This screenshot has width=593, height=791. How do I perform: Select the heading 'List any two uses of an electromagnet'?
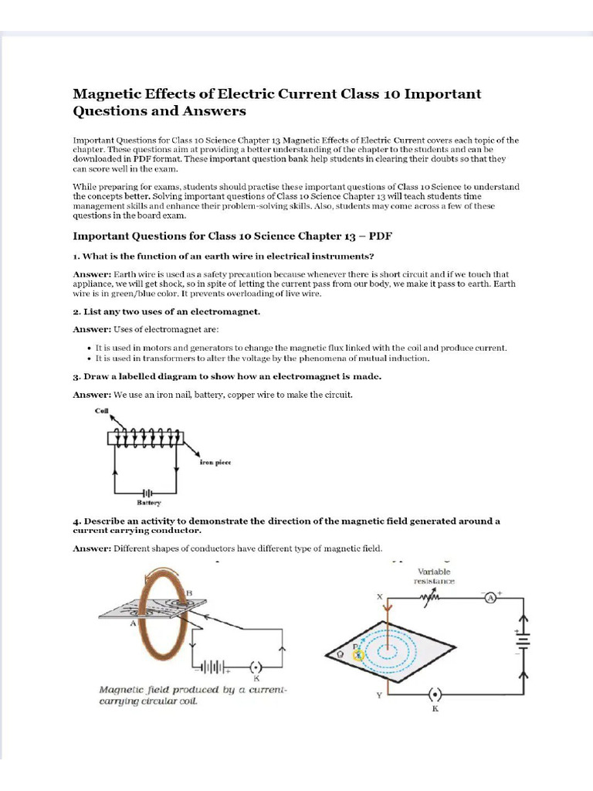[166, 311]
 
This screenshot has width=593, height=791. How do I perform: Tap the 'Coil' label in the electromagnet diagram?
[101, 411]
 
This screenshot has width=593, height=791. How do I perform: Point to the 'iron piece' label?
[215, 462]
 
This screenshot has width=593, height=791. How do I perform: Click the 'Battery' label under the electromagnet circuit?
[150, 503]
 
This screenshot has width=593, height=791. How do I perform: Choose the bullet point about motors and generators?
[300, 348]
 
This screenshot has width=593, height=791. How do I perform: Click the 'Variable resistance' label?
[435, 576]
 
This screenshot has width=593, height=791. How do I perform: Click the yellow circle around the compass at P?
[358, 655]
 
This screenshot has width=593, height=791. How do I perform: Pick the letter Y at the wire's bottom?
[378, 695]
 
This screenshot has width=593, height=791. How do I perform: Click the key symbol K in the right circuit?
[435, 695]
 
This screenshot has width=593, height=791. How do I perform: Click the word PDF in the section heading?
[380, 235]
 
